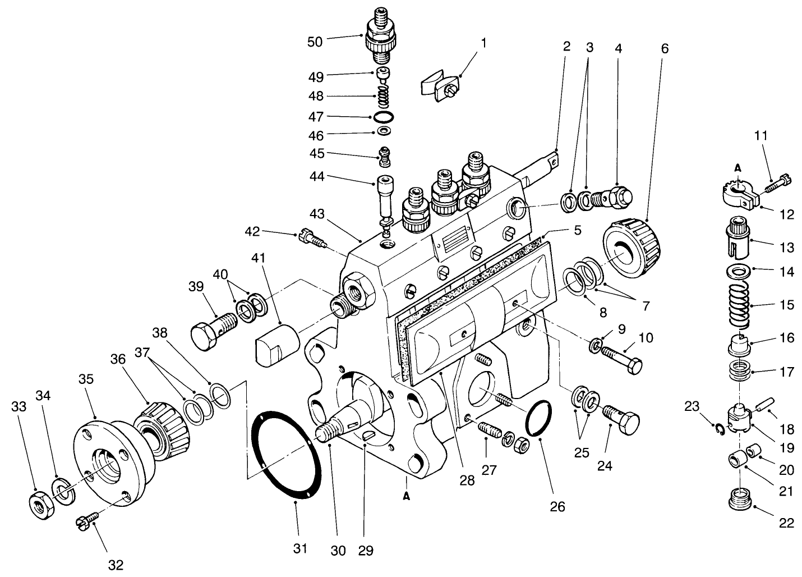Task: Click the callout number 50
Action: coord(315,42)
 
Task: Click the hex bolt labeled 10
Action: coord(623,356)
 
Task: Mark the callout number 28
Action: coord(467,480)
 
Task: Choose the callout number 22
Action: coord(786,523)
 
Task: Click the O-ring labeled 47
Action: coord(383,117)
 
